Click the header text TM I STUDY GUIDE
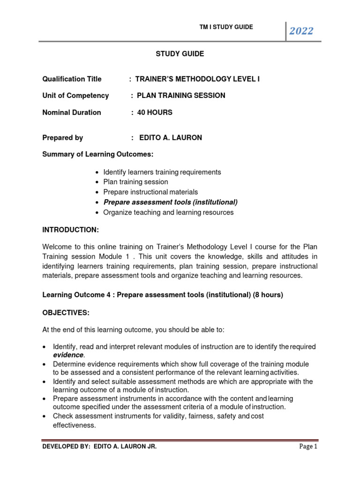pos(226,27)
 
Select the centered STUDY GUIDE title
pos(180,54)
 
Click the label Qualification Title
pos(72,79)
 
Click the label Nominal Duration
pos(72,112)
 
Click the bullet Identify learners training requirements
pos(162,172)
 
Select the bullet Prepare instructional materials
pos(150,192)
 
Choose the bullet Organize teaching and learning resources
pos(168,212)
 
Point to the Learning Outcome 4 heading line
pos(163,295)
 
